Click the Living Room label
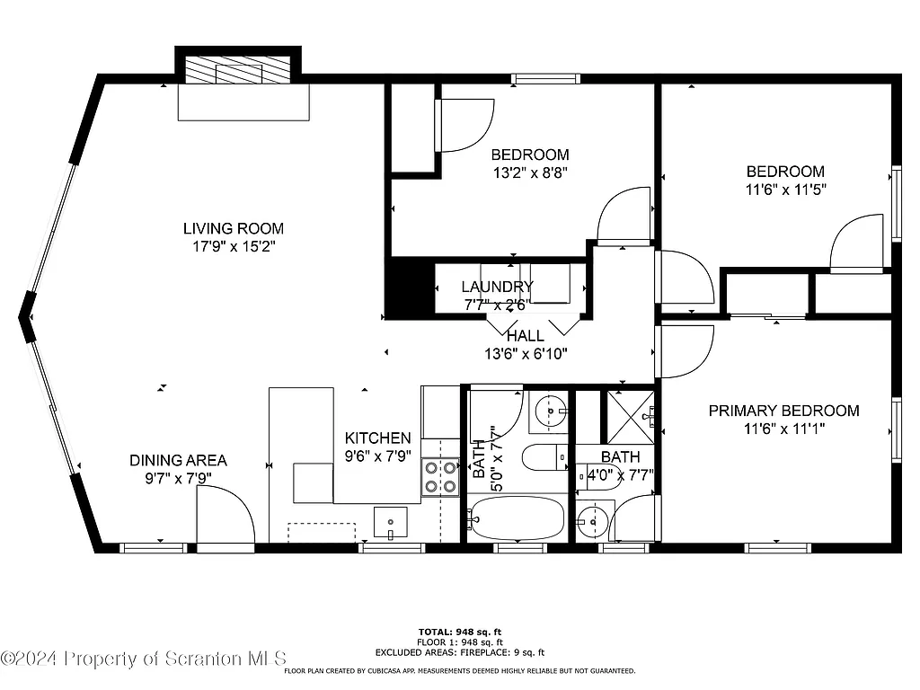(x=234, y=228)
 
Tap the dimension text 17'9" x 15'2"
(x=234, y=246)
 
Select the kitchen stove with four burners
(x=440, y=477)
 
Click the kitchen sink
(x=390, y=522)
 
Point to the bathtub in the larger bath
(x=517, y=518)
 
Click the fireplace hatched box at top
(x=238, y=71)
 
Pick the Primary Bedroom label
(x=783, y=411)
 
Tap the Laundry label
(x=497, y=287)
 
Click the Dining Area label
(x=178, y=460)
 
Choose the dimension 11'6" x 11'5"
(x=785, y=190)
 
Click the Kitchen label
(x=378, y=438)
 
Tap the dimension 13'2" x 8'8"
(x=529, y=172)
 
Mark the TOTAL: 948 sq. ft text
(x=459, y=632)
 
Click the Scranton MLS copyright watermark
(x=144, y=659)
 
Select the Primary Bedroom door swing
(x=685, y=351)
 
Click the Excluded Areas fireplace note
(x=459, y=652)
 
